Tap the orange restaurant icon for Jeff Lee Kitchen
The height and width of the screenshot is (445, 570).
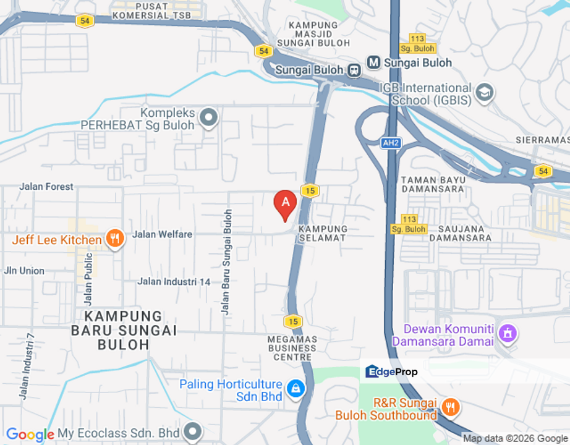114,239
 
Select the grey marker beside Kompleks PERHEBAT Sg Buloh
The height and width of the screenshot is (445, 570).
210,117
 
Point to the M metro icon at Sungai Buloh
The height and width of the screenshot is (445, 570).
373,62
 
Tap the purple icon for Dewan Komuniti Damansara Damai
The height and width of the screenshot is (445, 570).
508,334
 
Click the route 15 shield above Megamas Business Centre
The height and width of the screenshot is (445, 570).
293,321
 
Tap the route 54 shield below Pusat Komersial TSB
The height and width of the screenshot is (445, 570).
85,21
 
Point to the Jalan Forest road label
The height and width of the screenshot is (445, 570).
46,187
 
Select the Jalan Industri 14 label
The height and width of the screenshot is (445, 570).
174,282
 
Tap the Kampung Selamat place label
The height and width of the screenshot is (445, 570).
322,233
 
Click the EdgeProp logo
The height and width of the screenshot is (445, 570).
392,371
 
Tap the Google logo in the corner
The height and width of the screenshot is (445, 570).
29,434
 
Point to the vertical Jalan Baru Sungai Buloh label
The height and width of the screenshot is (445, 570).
228,262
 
